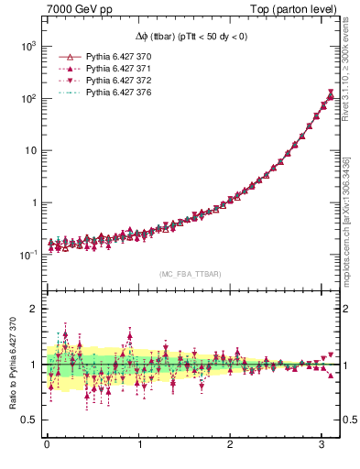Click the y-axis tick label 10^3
click(x=28, y=46)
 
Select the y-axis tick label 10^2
click(x=28, y=98)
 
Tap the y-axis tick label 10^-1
click(x=28, y=255)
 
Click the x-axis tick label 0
click(x=47, y=444)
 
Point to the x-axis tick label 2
click(x=230, y=444)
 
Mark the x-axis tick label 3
click(x=322, y=444)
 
